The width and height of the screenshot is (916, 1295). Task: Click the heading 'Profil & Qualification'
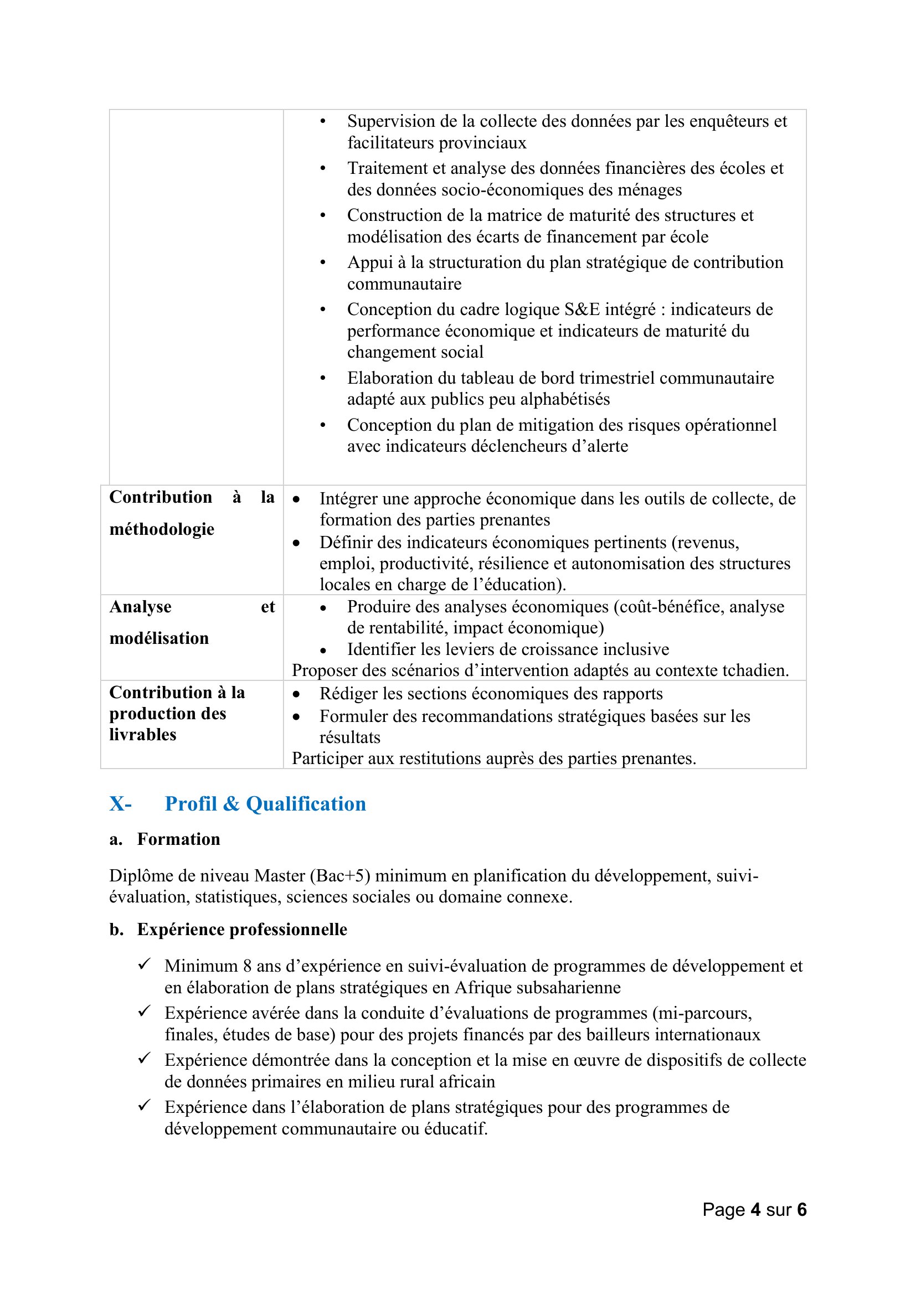265,804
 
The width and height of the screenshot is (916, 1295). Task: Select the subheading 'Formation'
178,839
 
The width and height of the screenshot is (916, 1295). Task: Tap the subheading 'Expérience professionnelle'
242,930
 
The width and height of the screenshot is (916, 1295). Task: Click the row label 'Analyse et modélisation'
159,623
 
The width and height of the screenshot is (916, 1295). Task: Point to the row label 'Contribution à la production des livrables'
177,714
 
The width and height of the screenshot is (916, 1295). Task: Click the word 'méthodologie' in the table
162,529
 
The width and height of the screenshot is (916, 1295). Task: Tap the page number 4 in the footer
755,1209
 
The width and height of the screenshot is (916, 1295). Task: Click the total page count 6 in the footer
801,1209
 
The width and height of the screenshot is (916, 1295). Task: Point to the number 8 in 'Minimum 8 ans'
247,966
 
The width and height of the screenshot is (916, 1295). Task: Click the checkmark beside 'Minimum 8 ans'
144,964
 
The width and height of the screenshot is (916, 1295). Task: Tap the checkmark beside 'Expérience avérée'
144,1012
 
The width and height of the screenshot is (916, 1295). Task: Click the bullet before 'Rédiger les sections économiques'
297,694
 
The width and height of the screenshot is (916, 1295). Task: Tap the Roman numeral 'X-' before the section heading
120,804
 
